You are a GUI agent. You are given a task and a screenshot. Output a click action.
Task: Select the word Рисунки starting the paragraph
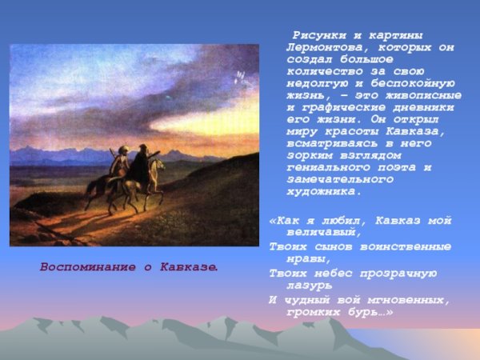[x=318, y=36]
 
